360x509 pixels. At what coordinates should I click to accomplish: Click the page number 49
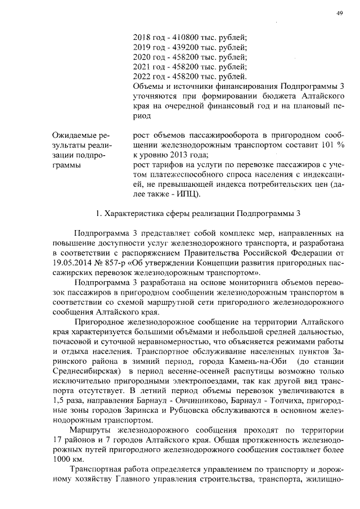(340, 13)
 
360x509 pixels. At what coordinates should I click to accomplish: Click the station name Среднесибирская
(84, 370)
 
